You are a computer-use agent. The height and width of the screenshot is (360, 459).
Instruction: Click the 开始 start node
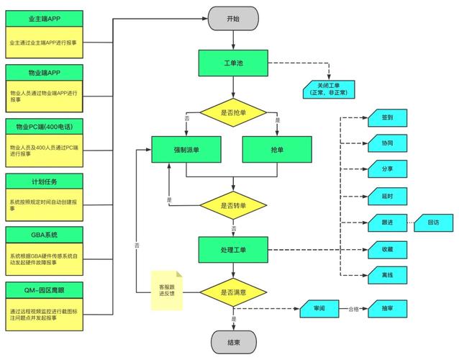click(x=233, y=19)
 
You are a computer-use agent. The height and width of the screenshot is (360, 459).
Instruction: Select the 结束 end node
click(x=233, y=342)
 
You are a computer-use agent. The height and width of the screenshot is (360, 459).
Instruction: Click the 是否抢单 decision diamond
click(x=233, y=112)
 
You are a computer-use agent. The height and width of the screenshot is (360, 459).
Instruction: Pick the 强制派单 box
click(x=186, y=150)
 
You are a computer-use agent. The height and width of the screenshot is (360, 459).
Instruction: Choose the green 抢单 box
click(x=278, y=150)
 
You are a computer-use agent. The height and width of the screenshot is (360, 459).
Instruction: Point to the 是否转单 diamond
click(x=233, y=205)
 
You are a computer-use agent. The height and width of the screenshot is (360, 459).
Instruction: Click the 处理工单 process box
click(x=233, y=249)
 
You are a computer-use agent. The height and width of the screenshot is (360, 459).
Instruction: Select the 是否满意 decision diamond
click(x=233, y=293)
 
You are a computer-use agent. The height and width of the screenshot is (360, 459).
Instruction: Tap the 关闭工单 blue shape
click(x=327, y=89)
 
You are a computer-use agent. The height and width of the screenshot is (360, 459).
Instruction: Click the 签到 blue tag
click(x=388, y=116)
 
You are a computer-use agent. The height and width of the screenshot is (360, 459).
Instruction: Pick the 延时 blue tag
click(x=388, y=196)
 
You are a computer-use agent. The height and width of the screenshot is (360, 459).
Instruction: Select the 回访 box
click(x=434, y=222)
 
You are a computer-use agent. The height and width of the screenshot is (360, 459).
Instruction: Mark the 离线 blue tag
click(x=388, y=275)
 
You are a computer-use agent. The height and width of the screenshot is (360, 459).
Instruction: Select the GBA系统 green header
click(x=44, y=235)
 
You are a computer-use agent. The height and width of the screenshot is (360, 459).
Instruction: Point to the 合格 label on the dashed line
click(x=353, y=308)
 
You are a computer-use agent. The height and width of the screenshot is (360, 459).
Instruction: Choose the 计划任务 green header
click(x=44, y=181)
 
